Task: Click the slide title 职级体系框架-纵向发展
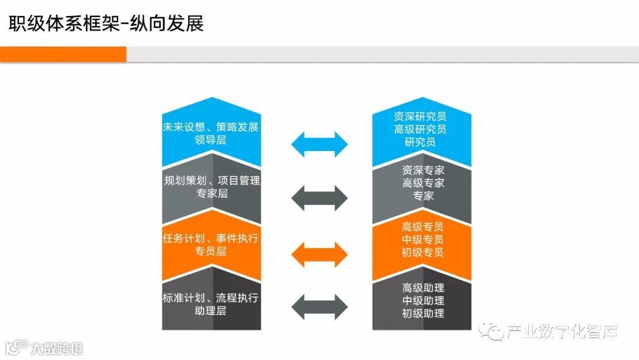106,23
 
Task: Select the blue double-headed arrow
320,144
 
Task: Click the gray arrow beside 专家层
320,198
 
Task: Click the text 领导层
211,140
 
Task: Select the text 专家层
211,194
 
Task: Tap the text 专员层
211,251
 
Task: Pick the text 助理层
211,310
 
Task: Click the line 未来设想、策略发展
211,127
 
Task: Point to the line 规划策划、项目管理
211,181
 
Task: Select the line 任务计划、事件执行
211,238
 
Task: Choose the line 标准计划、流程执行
211,297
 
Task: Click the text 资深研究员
421,117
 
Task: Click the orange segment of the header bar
63,54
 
